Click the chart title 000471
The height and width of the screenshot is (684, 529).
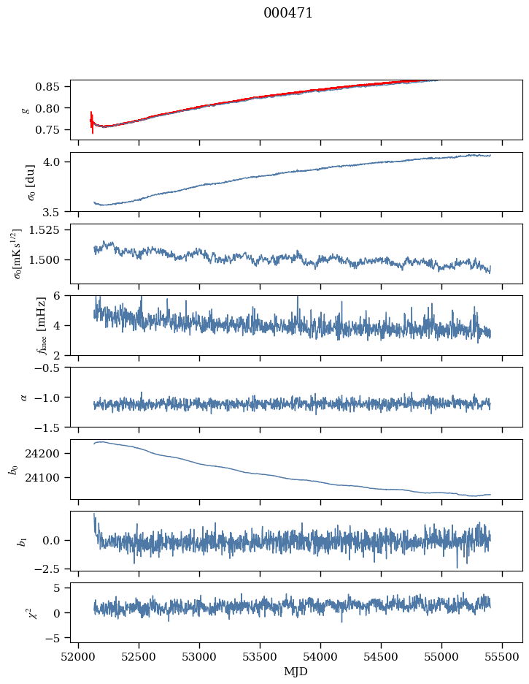288,13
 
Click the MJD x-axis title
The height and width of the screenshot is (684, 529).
296,671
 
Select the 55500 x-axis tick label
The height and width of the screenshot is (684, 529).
501,656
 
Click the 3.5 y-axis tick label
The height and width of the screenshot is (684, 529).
57,213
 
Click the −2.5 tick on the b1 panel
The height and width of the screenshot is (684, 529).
53,568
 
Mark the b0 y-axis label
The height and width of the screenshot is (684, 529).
12,469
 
